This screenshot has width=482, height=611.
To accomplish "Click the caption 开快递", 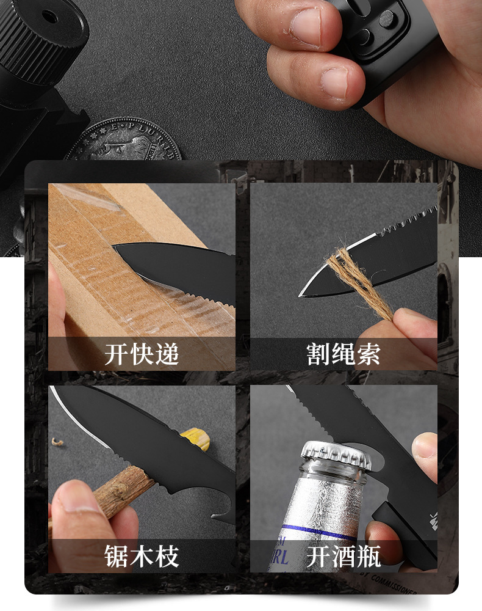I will (142, 354).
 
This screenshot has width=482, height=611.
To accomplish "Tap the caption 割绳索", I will (343, 354).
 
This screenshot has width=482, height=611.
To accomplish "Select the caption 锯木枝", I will (142, 557).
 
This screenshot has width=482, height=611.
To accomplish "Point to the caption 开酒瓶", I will (343, 557).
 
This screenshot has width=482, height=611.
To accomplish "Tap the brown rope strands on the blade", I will (353, 278).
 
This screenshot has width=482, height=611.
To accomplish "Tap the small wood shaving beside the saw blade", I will (57, 441).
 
